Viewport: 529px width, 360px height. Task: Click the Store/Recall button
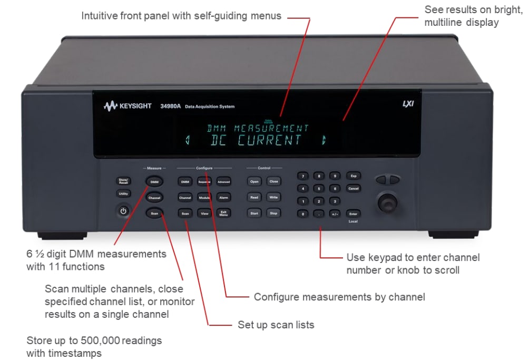click(x=123, y=181)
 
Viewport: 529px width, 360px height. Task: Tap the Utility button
click(x=123, y=194)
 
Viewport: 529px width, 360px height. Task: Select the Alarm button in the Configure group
click(x=223, y=197)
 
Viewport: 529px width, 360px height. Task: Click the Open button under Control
click(x=254, y=181)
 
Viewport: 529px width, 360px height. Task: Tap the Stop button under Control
click(x=273, y=213)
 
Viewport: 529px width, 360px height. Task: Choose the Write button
click(x=273, y=197)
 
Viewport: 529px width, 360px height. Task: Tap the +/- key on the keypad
click(x=335, y=213)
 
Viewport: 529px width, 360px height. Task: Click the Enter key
click(x=353, y=213)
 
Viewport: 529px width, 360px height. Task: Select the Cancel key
click(x=353, y=188)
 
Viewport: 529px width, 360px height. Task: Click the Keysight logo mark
click(x=110, y=106)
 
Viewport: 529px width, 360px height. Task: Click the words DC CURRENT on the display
click(x=257, y=141)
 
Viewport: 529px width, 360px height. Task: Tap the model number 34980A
click(x=170, y=106)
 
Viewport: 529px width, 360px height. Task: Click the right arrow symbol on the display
click(x=324, y=140)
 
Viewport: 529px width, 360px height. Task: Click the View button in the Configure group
click(x=204, y=213)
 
